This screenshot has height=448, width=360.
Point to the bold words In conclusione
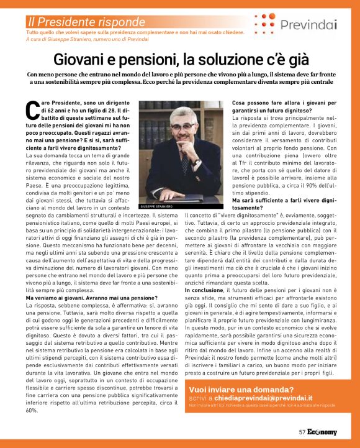coord(204,290)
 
